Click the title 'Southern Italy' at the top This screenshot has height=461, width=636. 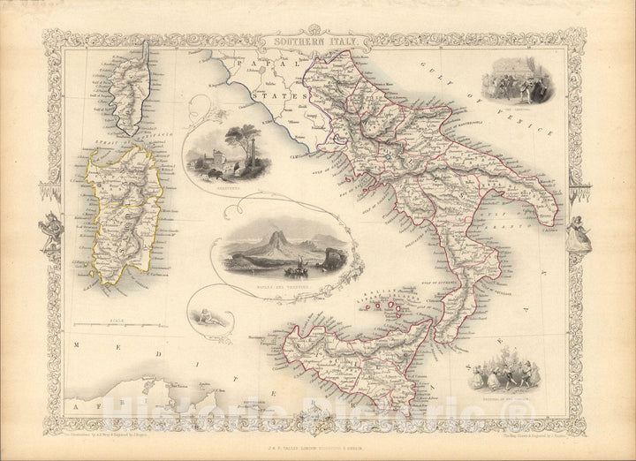tap(303, 41)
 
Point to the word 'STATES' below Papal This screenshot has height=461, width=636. tap(284, 90)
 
